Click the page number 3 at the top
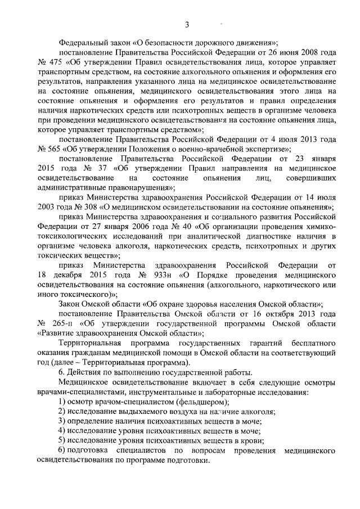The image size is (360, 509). pos(186,23)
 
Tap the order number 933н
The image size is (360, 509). pos(152,275)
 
